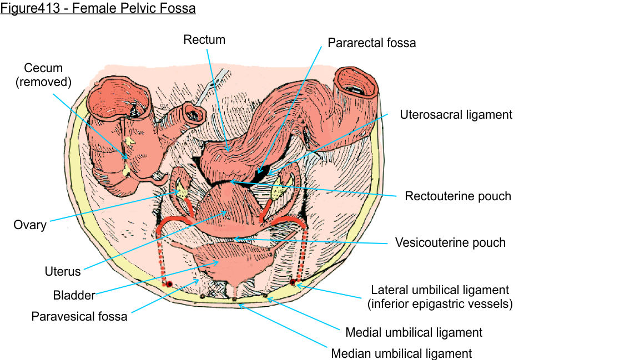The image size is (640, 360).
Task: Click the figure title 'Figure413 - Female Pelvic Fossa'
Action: point(98,9)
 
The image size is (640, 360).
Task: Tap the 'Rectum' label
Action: point(205,39)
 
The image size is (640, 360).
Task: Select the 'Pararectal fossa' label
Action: point(371,43)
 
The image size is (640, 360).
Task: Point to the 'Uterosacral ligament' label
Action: point(456,115)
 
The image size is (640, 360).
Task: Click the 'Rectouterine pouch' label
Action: point(457,196)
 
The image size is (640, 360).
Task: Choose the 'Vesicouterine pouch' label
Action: point(450,242)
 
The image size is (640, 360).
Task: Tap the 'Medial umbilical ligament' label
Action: point(414,332)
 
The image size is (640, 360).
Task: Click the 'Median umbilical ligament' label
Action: point(401,353)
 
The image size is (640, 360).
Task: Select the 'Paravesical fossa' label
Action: point(79,317)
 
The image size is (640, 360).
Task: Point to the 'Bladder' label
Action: point(74,295)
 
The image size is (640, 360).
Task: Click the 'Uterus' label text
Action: point(63,272)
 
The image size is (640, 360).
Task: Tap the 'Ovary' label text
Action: point(30,225)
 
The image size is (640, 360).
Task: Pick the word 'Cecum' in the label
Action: point(43,68)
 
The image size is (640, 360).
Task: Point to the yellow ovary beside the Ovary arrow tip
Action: point(181,191)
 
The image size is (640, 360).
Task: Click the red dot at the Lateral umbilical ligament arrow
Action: point(293,283)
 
